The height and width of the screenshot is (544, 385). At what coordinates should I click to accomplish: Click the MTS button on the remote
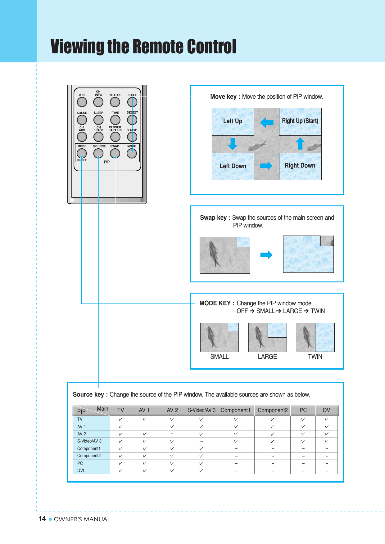pyautogui.click(x=82, y=102)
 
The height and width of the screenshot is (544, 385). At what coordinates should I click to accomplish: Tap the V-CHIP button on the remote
pyautogui.click(x=132, y=137)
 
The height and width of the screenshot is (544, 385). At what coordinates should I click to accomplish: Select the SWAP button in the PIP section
pyautogui.click(x=115, y=153)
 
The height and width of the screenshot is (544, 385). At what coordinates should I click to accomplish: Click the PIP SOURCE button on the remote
pyautogui.click(x=98, y=153)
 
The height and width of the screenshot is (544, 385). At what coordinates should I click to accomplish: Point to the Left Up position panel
pyautogui.click(x=233, y=121)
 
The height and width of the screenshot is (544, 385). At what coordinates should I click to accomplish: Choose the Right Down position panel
pyautogui.click(x=300, y=166)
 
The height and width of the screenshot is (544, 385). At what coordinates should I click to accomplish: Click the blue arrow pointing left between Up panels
pyautogui.click(x=267, y=122)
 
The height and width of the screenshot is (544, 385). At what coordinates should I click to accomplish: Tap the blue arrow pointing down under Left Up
pyautogui.click(x=233, y=144)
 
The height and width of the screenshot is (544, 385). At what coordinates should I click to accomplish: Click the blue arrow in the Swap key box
pyautogui.click(x=266, y=255)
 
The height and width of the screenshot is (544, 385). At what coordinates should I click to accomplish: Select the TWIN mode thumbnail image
pyautogui.click(x=315, y=337)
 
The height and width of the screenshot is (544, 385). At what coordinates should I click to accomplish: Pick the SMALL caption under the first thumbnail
pyautogui.click(x=220, y=357)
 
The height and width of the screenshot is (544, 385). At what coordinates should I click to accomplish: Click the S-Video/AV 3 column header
pyautogui.click(x=202, y=410)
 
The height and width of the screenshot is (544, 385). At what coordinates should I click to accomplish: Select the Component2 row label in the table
pyautogui.click(x=89, y=456)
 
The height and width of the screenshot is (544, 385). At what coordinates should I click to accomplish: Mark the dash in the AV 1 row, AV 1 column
pyautogui.click(x=145, y=427)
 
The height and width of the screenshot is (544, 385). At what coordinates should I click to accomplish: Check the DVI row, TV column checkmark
pyautogui.click(x=120, y=470)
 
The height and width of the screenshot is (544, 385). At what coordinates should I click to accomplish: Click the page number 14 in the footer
pyautogui.click(x=42, y=519)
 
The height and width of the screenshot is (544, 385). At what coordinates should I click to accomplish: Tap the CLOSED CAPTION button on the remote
pyautogui.click(x=115, y=137)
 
